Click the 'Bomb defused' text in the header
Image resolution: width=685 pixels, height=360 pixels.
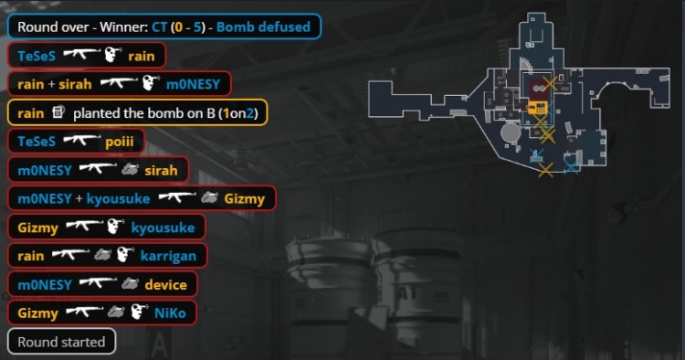coord(263,27)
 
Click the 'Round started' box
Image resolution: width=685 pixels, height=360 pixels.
coord(61,342)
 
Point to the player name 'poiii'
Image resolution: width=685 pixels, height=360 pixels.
coord(120,142)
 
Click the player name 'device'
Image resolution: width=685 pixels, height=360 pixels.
coord(166,285)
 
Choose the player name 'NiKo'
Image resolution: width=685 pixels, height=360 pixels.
coord(170,313)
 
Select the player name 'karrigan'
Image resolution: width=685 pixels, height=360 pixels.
coord(168,257)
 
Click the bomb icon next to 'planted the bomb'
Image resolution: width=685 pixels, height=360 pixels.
coord(58,112)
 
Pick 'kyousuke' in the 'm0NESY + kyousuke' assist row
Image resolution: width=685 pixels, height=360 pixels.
coord(118,199)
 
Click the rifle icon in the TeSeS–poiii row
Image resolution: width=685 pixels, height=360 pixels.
coord(82,140)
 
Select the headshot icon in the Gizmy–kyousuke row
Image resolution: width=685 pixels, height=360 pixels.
coord(116,227)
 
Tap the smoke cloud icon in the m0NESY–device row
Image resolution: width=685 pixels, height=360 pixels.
coord(130,283)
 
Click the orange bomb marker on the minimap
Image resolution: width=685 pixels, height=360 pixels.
coord(537,108)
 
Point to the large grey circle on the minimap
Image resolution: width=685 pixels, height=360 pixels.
coord(511,132)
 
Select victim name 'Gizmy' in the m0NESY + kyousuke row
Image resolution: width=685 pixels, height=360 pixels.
coord(245,199)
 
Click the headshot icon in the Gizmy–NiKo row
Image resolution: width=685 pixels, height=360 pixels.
coord(139,312)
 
